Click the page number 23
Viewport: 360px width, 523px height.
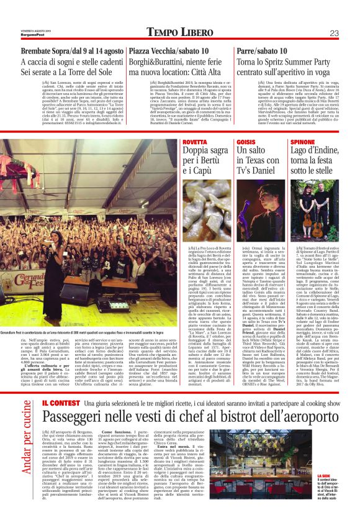pos(333,33)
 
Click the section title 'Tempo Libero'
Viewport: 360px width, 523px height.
pos(180,33)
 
